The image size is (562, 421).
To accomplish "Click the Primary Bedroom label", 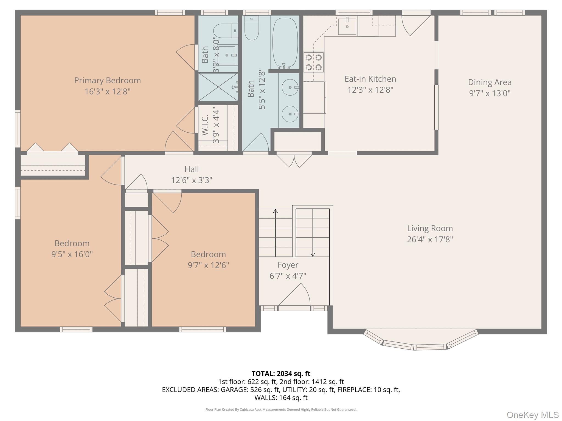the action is [107, 81].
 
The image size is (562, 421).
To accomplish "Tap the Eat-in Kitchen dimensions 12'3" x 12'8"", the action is [370, 90].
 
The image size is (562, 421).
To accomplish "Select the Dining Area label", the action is [490, 82].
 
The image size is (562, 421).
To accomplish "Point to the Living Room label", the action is [430, 228].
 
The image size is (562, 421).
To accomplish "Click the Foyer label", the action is [288, 265].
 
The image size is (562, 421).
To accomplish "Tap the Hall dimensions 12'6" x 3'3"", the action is [192, 180].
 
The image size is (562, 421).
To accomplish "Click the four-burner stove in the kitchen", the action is [314, 62].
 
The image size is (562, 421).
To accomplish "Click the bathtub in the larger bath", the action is [285, 42].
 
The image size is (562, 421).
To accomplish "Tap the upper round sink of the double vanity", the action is [290, 87].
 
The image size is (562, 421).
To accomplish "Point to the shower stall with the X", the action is [218, 87].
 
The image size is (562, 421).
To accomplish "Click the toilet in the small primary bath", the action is [225, 31].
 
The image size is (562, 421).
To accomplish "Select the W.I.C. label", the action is [205, 125].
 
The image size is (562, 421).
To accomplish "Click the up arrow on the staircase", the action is [275, 233].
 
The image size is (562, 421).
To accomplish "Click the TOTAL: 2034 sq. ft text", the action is [281, 374].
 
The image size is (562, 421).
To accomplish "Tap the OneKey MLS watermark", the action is [532, 415].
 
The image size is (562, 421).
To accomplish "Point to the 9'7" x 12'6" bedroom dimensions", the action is [208, 265].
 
